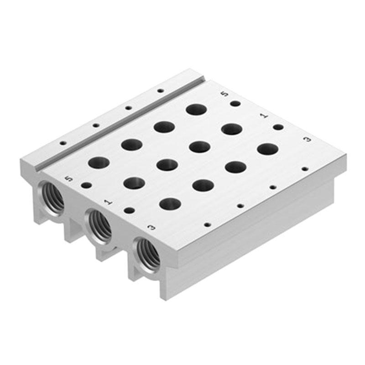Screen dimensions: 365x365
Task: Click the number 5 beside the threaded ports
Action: pos(69,179)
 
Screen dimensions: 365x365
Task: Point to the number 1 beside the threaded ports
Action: pos(108,202)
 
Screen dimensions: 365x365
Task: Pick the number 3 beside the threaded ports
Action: pos(152,227)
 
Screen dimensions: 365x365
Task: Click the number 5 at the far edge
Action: pos(224,94)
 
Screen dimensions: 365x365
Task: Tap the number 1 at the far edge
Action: pos(264,116)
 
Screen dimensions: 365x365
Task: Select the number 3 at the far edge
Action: pos(308,140)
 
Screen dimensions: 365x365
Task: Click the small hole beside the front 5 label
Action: pos(86,185)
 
